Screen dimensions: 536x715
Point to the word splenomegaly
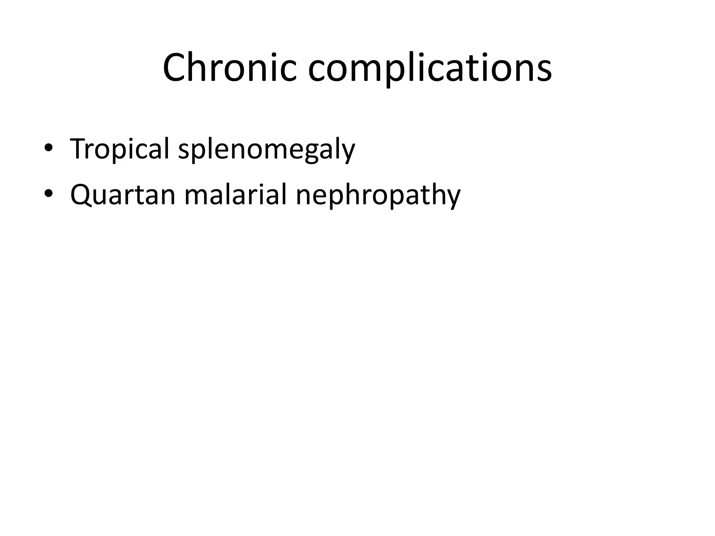266,149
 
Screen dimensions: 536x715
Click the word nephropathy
378,195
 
